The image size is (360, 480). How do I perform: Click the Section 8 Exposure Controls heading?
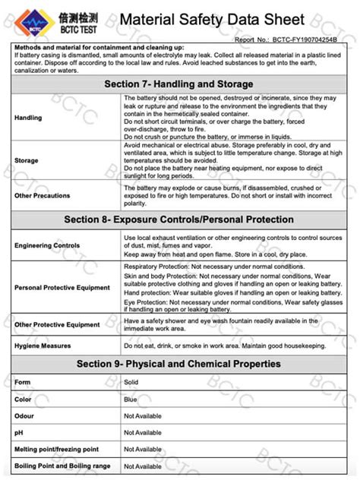tap(178, 219)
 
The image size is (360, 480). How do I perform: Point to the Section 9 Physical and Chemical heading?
tap(178, 365)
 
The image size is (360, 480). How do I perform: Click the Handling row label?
tap(28, 118)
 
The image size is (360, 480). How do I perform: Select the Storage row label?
tap(27, 160)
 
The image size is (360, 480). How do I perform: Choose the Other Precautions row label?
tap(43, 195)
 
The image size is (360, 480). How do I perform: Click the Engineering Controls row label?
tap(46, 245)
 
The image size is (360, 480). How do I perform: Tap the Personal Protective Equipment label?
tap(62, 288)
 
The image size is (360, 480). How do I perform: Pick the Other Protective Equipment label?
tap(57, 324)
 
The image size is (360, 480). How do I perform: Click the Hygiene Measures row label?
tap(43, 346)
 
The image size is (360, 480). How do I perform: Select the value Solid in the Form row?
tap(131, 382)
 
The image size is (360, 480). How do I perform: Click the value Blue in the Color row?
tap(131, 399)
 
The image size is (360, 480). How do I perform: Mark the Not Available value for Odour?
tap(143, 415)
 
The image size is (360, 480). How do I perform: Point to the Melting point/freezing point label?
tap(56, 450)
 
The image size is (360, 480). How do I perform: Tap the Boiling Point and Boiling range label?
tap(62, 466)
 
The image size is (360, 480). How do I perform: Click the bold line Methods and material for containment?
tap(93, 47)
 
